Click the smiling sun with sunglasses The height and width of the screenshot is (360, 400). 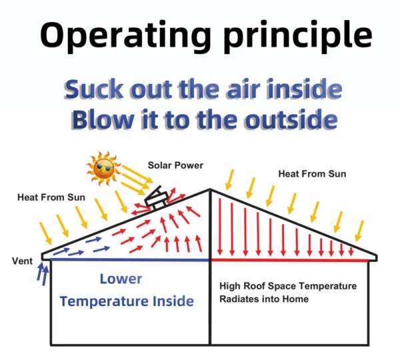(x=103, y=169)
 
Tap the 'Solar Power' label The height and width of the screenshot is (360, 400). (x=175, y=165)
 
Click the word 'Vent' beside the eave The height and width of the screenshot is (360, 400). (x=22, y=261)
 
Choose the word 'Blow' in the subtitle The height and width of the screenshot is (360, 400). (x=102, y=119)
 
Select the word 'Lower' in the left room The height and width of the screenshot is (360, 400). (x=121, y=279)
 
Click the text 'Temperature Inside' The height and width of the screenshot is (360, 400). (x=127, y=301)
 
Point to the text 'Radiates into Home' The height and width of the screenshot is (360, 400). (x=264, y=299)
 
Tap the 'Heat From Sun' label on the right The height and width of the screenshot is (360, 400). (x=312, y=174)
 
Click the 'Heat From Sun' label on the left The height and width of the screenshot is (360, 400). (x=51, y=197)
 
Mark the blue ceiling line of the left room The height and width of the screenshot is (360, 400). (x=130, y=260)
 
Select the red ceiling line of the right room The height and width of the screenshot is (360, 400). (x=290, y=260)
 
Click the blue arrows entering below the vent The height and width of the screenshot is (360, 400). (x=43, y=273)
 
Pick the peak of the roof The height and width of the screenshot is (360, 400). (x=210, y=189)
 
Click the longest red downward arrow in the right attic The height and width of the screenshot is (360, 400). (x=220, y=227)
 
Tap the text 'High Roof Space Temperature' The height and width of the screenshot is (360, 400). (x=288, y=286)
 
